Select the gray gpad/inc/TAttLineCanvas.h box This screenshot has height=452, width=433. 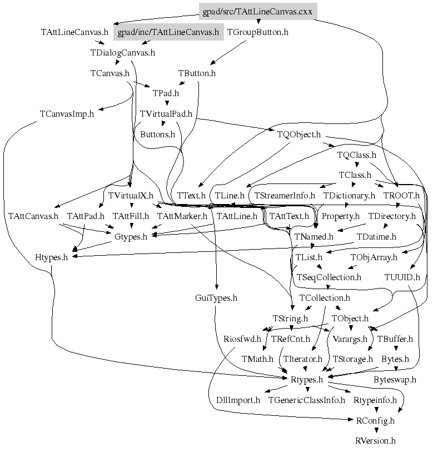(168, 32)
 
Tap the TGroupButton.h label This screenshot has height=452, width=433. (258, 32)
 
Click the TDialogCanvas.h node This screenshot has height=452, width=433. (122, 53)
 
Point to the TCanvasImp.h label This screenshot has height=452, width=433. (67, 114)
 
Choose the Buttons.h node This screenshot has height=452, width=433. (157, 134)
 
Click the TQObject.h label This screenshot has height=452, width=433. (298, 134)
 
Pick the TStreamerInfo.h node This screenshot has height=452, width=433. (285, 196)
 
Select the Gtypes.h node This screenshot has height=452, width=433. (131, 236)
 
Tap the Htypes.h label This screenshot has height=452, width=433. (51, 257)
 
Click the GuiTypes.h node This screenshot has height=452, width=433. (216, 298)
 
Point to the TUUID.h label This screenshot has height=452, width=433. (402, 277)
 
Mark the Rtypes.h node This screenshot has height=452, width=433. (307, 380)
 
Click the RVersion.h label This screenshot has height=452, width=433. (375, 441)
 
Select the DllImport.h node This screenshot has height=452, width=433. (238, 400)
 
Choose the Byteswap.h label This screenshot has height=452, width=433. (395, 380)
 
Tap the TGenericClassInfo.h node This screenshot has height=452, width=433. (306, 400)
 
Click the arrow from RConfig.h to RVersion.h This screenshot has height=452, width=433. (376, 431)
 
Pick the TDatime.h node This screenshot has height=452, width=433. (376, 236)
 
